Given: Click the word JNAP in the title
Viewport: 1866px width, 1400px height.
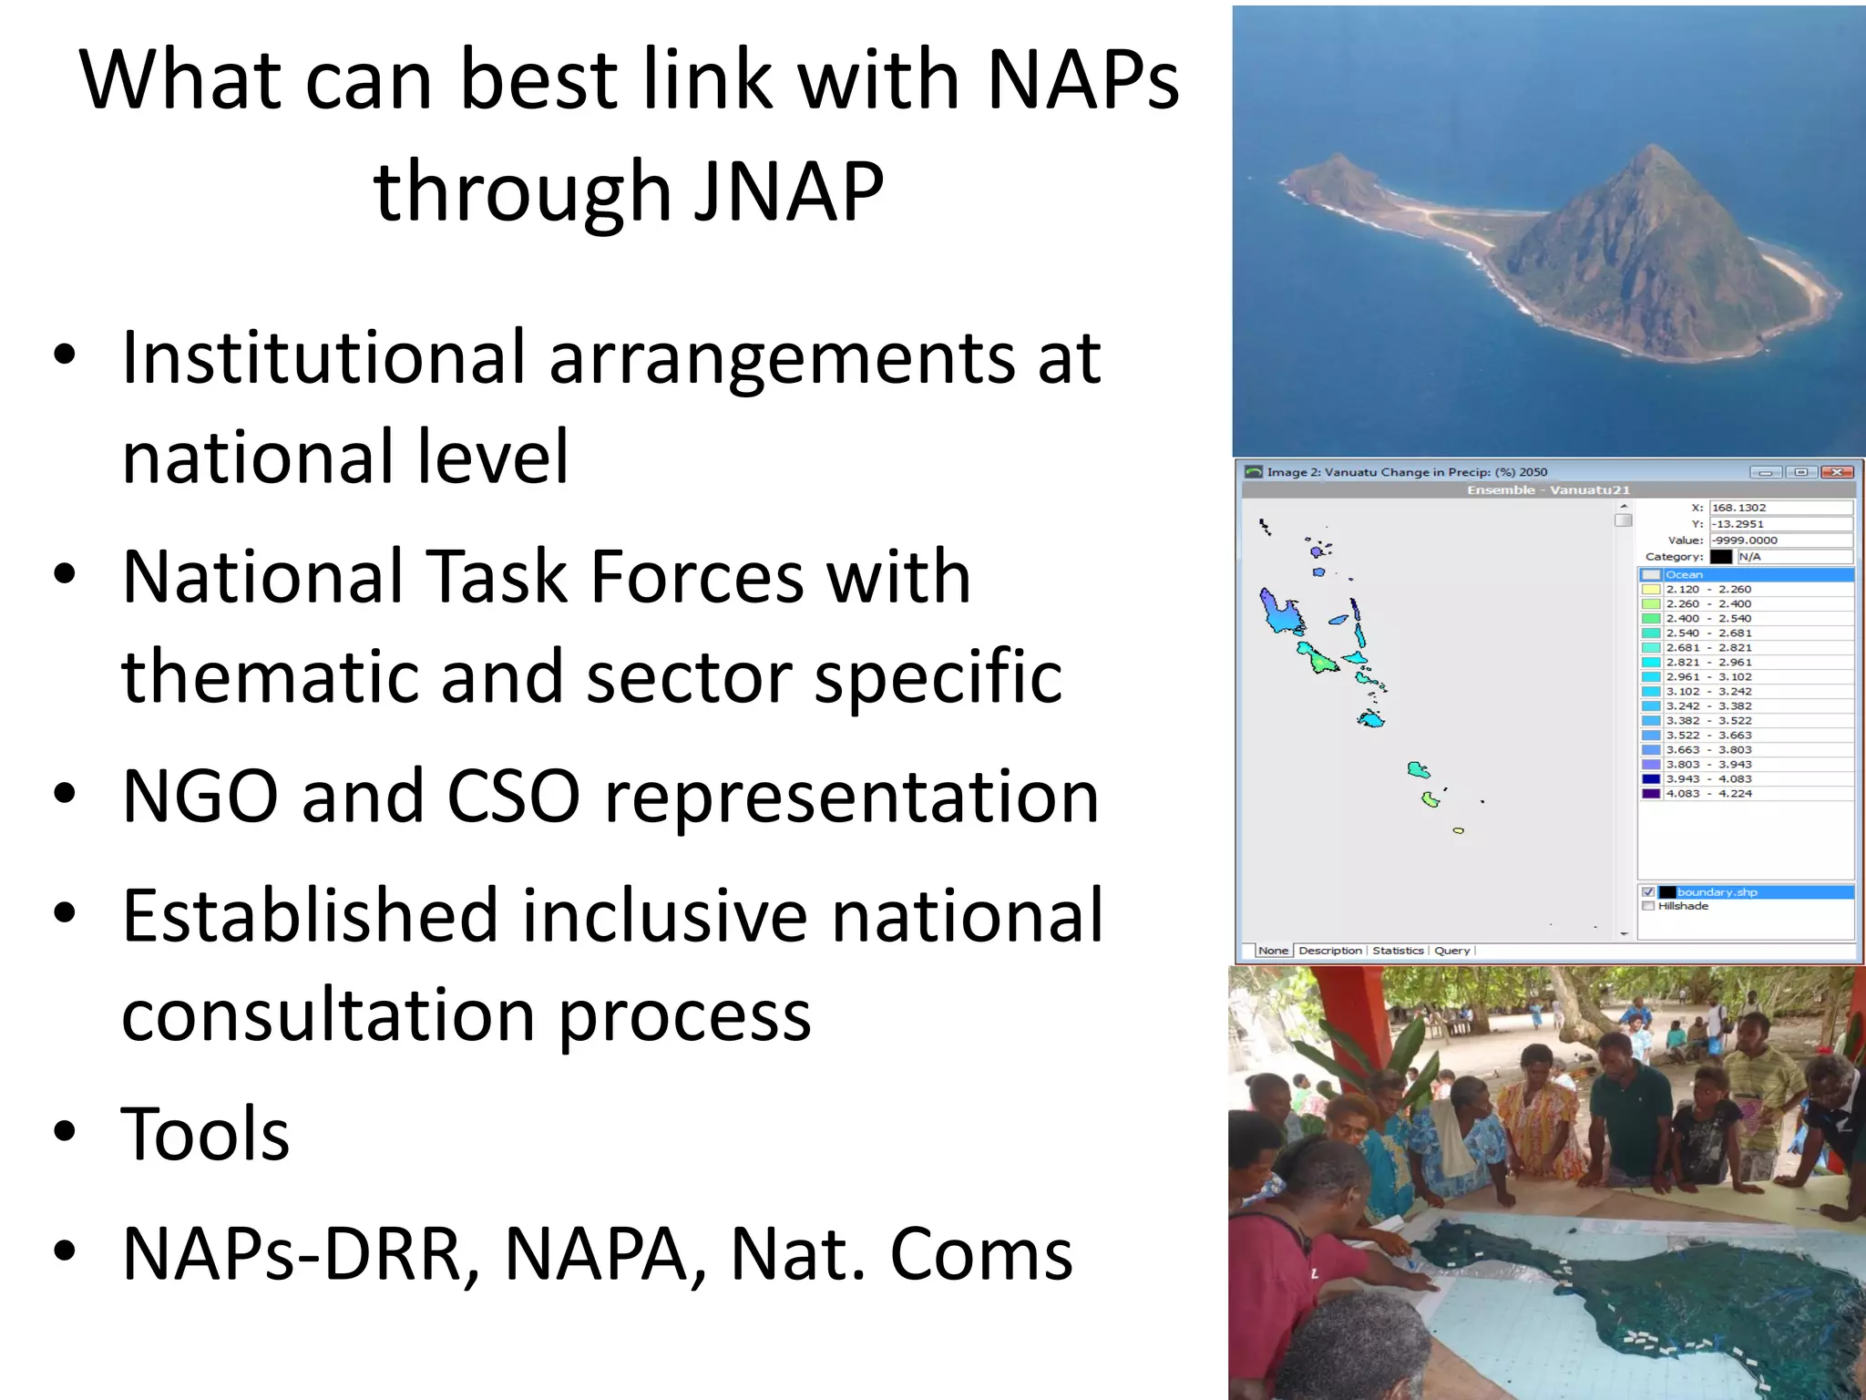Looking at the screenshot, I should (788, 191).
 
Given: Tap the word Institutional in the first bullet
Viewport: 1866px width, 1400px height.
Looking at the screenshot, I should (323, 357).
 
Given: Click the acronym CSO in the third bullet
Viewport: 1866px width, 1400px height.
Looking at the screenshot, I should (513, 796).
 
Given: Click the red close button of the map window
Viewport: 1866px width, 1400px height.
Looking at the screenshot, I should (1837, 472).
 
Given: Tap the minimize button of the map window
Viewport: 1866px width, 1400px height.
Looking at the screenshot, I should (1765, 472).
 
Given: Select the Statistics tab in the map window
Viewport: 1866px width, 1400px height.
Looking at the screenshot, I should (1398, 951).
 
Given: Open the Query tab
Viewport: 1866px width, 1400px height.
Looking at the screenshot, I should (1451, 951).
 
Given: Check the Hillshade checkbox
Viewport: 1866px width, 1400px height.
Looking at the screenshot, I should (1648, 906).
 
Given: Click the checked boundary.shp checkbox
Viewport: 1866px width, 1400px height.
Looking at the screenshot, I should (1647, 892).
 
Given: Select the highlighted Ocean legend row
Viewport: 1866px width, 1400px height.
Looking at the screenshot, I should (1745, 575).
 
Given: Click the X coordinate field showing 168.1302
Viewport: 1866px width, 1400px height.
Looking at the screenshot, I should (1780, 508).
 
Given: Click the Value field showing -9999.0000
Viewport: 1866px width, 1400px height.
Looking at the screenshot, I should (1780, 540).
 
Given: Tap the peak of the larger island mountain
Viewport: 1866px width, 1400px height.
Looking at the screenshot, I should (1653, 148).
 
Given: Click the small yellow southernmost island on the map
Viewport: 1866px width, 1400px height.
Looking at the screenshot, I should (1458, 831).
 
